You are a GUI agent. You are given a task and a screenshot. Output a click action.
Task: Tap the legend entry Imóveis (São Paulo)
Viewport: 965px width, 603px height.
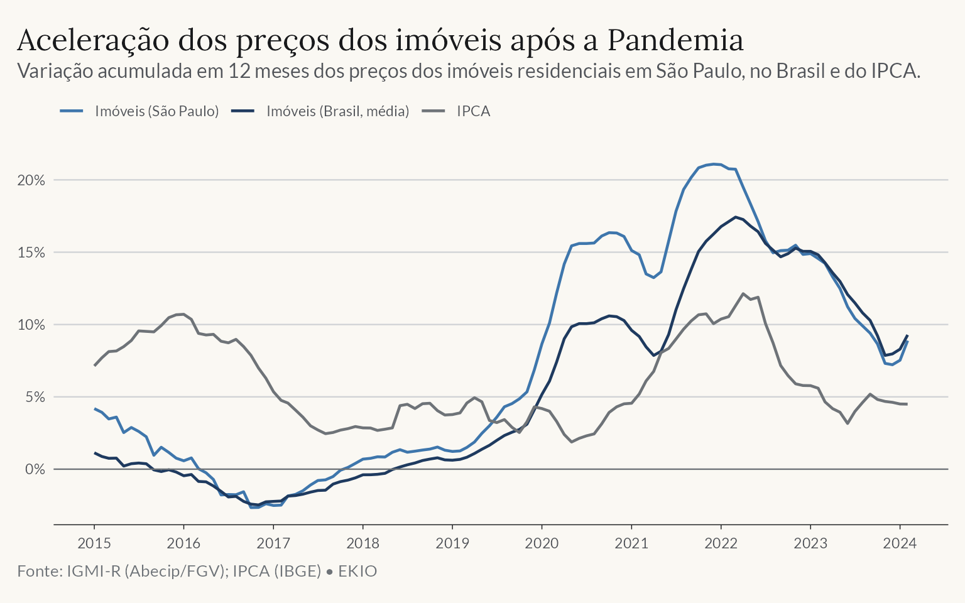tap(139, 111)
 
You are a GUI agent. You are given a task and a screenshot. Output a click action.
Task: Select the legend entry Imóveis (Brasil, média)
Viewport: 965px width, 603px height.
tap(320, 111)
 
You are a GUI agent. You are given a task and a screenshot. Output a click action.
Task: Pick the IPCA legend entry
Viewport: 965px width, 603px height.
tap(455, 111)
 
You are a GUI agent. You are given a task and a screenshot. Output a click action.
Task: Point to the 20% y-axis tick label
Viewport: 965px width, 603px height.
tap(31, 180)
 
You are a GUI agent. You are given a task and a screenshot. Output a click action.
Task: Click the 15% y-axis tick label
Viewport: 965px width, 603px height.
tap(31, 253)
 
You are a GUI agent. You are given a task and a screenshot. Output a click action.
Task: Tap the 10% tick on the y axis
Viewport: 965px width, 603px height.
tap(31, 325)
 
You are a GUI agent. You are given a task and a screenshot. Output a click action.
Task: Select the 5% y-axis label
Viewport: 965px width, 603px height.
tap(35, 397)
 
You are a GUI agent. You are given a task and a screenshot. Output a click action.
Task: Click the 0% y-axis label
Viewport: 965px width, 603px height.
tap(35, 469)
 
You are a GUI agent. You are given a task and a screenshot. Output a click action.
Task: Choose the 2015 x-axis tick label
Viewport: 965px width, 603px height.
tap(94, 543)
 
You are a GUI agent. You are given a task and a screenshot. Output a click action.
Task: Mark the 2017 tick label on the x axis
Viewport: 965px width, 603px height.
tap(273, 543)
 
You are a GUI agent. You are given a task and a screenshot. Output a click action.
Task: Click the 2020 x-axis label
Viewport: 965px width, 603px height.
tap(542, 543)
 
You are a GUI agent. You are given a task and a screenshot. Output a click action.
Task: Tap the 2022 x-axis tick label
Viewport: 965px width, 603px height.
tap(721, 543)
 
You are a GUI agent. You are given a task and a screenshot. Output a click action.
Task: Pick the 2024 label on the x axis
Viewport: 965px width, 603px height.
tap(900, 543)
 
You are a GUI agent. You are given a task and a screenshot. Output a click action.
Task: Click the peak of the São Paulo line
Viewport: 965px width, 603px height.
tap(714, 164)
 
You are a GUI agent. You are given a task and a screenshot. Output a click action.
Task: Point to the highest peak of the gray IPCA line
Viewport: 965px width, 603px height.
tap(743, 294)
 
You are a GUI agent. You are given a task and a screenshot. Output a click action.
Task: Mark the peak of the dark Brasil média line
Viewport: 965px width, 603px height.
tap(736, 217)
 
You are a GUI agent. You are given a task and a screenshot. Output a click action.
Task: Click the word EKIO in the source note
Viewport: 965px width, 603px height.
tap(357, 571)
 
